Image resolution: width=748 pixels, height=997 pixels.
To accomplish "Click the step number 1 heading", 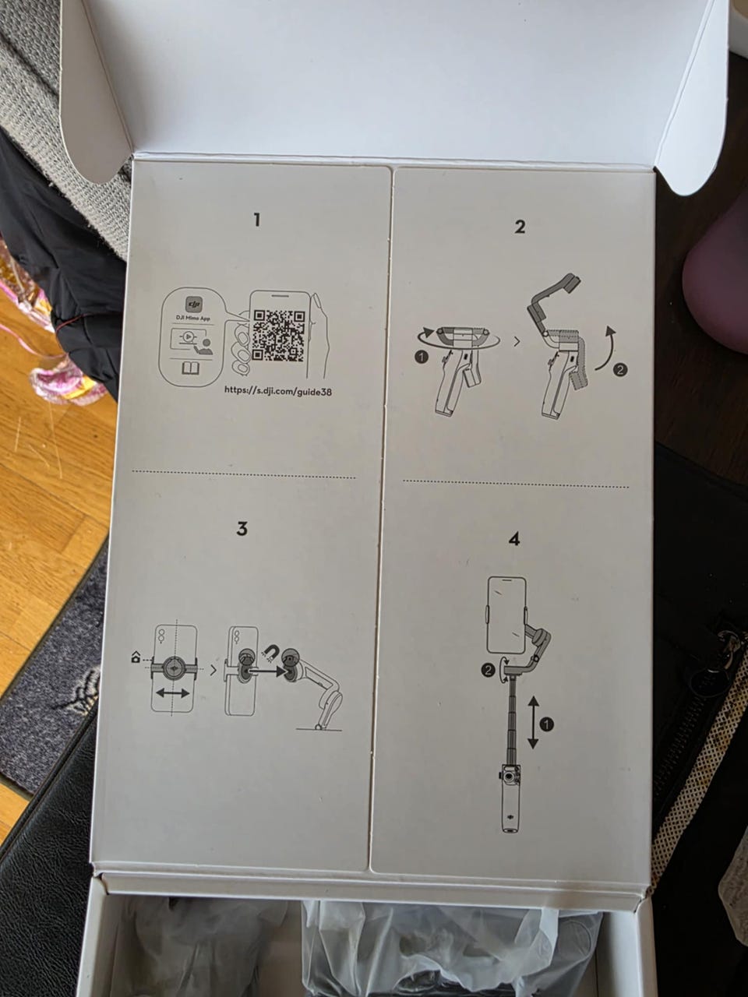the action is pos(257,220).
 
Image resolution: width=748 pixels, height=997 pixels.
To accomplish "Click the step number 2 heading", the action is pos(520,227).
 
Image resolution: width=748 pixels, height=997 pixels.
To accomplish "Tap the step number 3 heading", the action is pos(242,529).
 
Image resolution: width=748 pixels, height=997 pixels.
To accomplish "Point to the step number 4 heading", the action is pos(514,539).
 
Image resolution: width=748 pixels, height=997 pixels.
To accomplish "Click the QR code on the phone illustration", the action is pos(278,335).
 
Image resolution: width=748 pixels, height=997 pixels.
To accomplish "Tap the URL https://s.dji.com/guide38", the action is pos(278,390).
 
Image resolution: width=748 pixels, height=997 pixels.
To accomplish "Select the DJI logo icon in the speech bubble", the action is pos(194,304).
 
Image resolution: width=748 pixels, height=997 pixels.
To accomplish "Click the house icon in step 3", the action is pos(136,657).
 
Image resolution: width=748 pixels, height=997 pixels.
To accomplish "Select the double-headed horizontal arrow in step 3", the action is pos(172,692).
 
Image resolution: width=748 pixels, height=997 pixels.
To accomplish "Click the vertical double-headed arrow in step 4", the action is pos(533,723).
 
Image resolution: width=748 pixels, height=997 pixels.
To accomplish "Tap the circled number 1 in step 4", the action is pos(549,724).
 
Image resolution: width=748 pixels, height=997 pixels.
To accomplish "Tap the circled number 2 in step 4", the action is pos(488,671).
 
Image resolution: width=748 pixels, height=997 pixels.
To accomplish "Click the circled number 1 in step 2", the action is pos(422,358).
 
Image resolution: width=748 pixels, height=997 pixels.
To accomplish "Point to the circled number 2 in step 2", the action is pos(620,370).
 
